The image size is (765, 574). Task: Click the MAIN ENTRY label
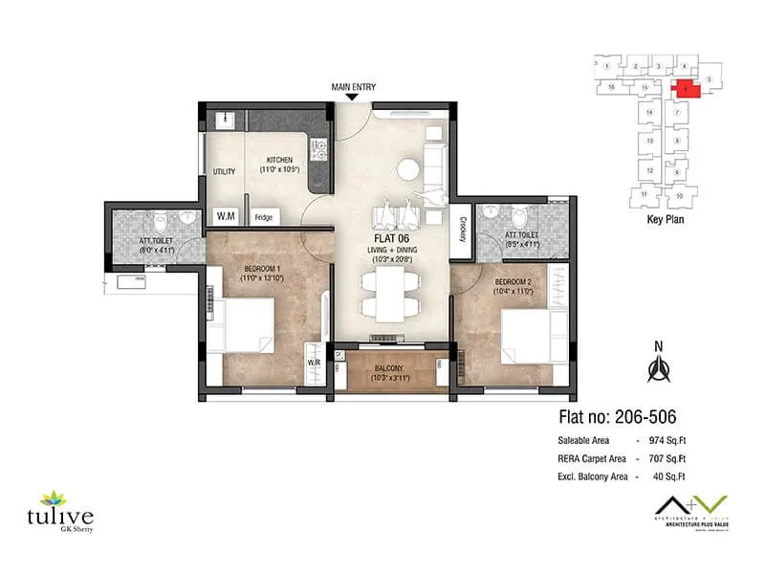tap(353, 87)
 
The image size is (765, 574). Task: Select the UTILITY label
tap(224, 172)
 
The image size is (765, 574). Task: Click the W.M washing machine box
tap(227, 216)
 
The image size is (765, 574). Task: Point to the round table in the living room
tap(409, 169)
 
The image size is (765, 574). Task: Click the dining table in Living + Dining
tap(390, 294)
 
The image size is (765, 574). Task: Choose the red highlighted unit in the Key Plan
tap(688, 89)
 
